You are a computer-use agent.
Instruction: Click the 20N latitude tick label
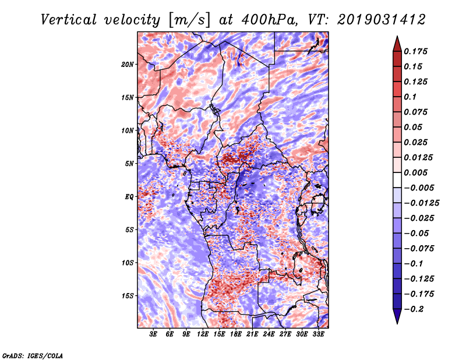(x=128, y=65)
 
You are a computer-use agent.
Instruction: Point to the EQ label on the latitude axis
(x=129, y=197)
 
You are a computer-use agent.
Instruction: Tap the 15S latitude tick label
(x=128, y=296)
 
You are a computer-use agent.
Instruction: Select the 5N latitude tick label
(x=129, y=164)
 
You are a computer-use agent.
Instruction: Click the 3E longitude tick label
(x=153, y=334)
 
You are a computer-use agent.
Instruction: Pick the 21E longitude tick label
(x=252, y=334)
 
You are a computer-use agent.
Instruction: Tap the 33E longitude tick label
(x=318, y=334)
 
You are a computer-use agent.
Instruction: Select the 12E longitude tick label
(x=203, y=334)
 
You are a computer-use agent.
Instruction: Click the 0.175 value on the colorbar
(x=415, y=51)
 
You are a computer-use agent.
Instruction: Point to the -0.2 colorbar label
(x=414, y=309)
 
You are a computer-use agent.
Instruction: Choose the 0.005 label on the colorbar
(x=415, y=172)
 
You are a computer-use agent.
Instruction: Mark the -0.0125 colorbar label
(x=421, y=203)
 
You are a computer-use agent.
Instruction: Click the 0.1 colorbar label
(x=410, y=97)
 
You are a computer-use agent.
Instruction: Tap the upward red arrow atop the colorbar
(x=397, y=44)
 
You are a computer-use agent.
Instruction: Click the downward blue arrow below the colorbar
(x=397, y=316)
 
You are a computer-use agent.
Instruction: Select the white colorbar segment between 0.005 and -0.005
(x=397, y=180)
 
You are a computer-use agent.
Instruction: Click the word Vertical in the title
(x=69, y=20)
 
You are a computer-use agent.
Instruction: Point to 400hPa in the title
(x=269, y=20)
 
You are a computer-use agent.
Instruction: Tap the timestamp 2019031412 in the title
(x=382, y=20)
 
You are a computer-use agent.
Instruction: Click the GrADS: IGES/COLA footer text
(x=33, y=355)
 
